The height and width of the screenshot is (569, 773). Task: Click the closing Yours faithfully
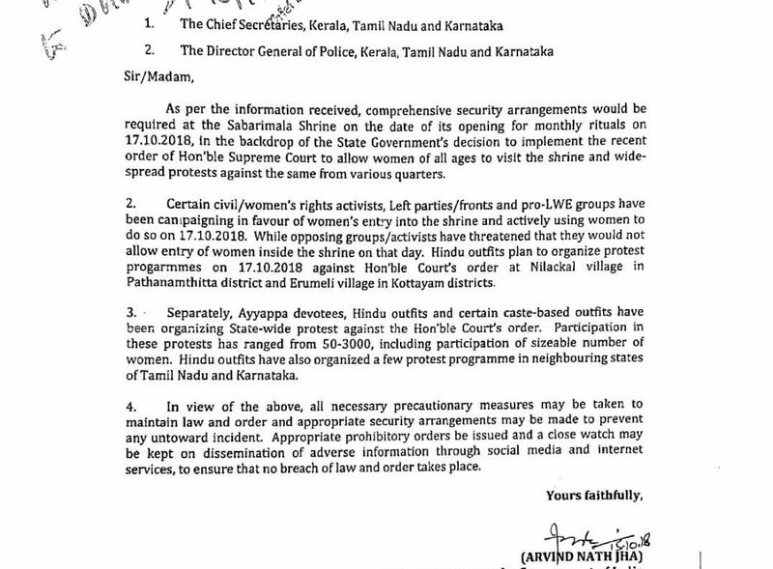(x=593, y=496)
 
